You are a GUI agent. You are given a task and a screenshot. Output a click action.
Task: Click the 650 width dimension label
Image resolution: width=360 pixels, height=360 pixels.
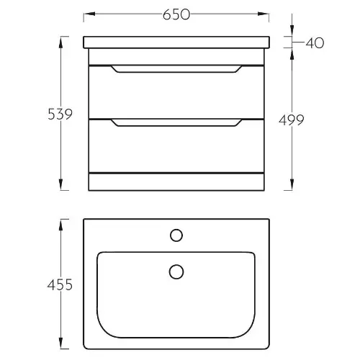(x=176, y=14)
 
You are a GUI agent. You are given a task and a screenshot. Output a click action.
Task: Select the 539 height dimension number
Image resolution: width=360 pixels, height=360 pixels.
(x=60, y=114)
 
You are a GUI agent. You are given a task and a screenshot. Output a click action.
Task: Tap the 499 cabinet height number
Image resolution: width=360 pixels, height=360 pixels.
(x=292, y=120)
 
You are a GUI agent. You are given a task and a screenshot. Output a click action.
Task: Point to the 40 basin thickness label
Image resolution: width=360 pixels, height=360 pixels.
(x=315, y=43)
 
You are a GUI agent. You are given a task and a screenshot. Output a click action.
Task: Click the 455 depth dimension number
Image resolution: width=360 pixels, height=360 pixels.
(x=60, y=285)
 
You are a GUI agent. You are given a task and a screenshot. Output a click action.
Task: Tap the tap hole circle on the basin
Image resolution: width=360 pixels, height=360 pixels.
(x=176, y=235)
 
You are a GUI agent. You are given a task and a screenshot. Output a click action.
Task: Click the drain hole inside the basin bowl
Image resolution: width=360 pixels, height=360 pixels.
(x=176, y=271)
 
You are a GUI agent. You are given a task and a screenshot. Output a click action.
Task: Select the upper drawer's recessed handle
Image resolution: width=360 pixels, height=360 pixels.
(x=176, y=68)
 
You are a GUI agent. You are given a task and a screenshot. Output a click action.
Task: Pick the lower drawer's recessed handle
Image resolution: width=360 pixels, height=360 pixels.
(x=176, y=122)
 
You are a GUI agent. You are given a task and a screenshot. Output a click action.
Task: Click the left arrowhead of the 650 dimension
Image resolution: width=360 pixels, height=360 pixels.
(x=89, y=14)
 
